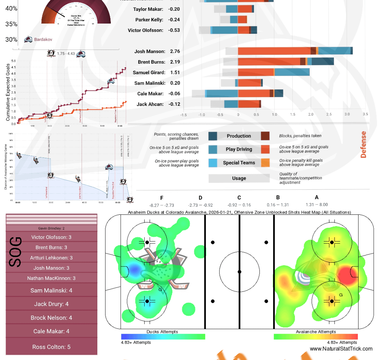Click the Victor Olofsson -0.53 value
pos(174,30)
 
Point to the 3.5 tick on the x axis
pos(365,114)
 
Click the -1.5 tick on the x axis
pos(183,114)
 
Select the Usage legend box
pos(239,178)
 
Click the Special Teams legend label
pos(239,163)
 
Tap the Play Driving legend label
pos(239,149)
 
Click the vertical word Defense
pos(363,144)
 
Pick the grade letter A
pos(316,198)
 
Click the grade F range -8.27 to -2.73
pos(161,205)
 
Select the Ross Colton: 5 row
pos(51,347)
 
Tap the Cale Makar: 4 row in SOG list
pos(51,331)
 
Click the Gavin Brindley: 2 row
pos(51,228)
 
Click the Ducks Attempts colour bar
pos(163,336)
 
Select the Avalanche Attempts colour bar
pos(315,336)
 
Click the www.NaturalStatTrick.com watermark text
pos(341,349)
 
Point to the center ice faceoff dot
pos(239,272)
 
